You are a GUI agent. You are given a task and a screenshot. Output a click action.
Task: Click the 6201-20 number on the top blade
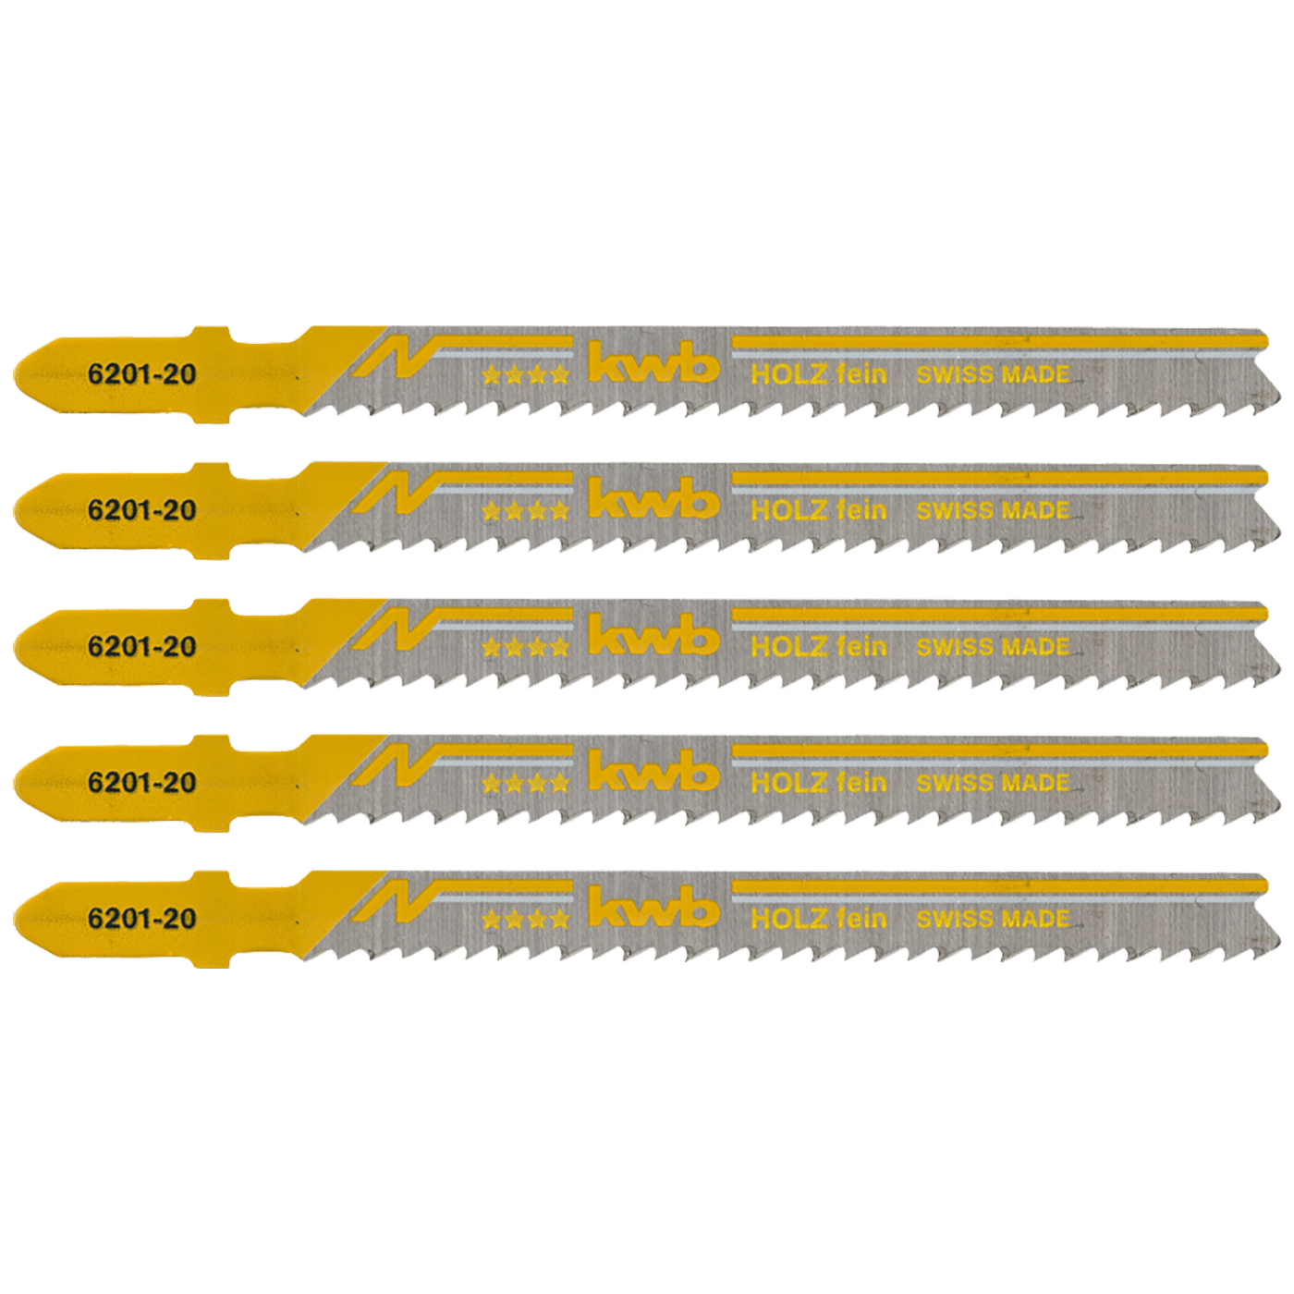pos(141,374)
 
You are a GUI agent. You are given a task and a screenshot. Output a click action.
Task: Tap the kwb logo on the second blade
pos(653,503)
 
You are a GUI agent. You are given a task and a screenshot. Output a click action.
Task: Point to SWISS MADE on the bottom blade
pos(993,919)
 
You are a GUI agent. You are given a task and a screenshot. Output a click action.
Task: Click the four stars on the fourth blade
pos(525,784)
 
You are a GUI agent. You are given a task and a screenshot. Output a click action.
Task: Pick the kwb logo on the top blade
pos(653,367)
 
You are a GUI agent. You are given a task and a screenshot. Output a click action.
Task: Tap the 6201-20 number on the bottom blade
pos(141,918)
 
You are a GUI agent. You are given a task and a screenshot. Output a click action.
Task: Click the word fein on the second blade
pos(861,509)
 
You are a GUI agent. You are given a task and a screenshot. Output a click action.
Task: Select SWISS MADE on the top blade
pos(993,374)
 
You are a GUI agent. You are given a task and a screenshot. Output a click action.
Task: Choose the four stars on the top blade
pos(525,376)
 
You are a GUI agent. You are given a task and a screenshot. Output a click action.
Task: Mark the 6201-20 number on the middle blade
pos(141,646)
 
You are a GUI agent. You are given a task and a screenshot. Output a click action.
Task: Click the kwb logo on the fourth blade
pos(653,775)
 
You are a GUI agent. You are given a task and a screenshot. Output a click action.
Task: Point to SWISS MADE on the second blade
pos(993,510)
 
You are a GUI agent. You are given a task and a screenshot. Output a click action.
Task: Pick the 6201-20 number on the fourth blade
pos(141,782)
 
